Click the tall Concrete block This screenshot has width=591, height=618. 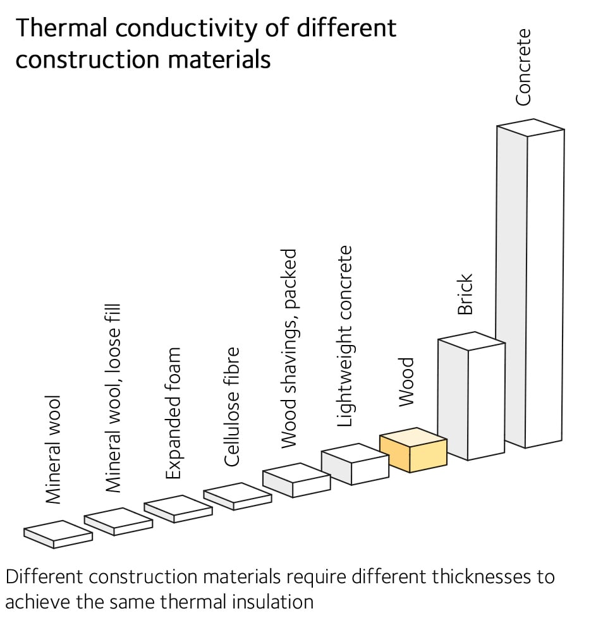[530, 284]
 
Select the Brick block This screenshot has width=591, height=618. [471, 398]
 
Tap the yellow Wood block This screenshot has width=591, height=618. [413, 451]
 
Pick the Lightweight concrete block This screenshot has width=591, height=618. [355, 464]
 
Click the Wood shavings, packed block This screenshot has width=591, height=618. [296, 480]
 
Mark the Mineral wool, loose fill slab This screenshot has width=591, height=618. [118, 522]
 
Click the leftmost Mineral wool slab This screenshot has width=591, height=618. [58, 535]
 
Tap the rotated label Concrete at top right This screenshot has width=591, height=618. [523, 66]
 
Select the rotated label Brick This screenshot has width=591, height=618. [465, 294]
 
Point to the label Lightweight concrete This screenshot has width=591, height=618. [344, 337]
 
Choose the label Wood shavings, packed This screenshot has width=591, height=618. [288, 349]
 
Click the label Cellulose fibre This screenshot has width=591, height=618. [232, 406]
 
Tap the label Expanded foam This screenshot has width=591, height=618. [173, 414]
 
